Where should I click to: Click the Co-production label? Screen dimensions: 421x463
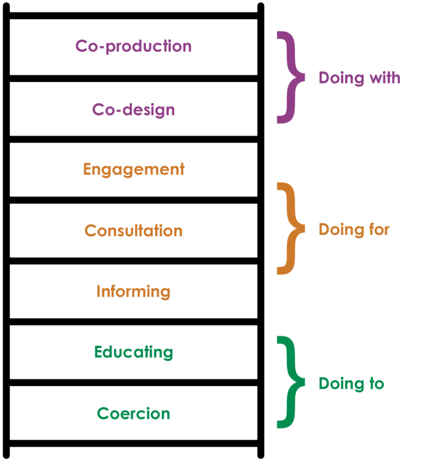(133, 46)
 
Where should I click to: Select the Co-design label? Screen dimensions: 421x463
(133, 110)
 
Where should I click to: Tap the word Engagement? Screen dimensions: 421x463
(134, 169)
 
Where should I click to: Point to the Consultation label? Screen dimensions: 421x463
(133, 230)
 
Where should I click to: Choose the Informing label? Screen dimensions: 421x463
(133, 291)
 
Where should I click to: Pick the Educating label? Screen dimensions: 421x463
(133, 352)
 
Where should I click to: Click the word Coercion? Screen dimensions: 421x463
(133, 413)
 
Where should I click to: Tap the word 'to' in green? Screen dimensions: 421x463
(377, 383)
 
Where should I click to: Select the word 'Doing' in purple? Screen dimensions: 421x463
(341, 79)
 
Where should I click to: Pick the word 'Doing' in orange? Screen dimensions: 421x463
(341, 230)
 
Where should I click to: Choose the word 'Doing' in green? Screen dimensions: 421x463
(341, 384)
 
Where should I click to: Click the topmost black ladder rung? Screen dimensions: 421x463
(133, 15)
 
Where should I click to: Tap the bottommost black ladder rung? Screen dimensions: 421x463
(133, 443)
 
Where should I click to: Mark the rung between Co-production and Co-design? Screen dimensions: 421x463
(133, 79)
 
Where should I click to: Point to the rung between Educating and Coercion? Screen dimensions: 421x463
(133, 383)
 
